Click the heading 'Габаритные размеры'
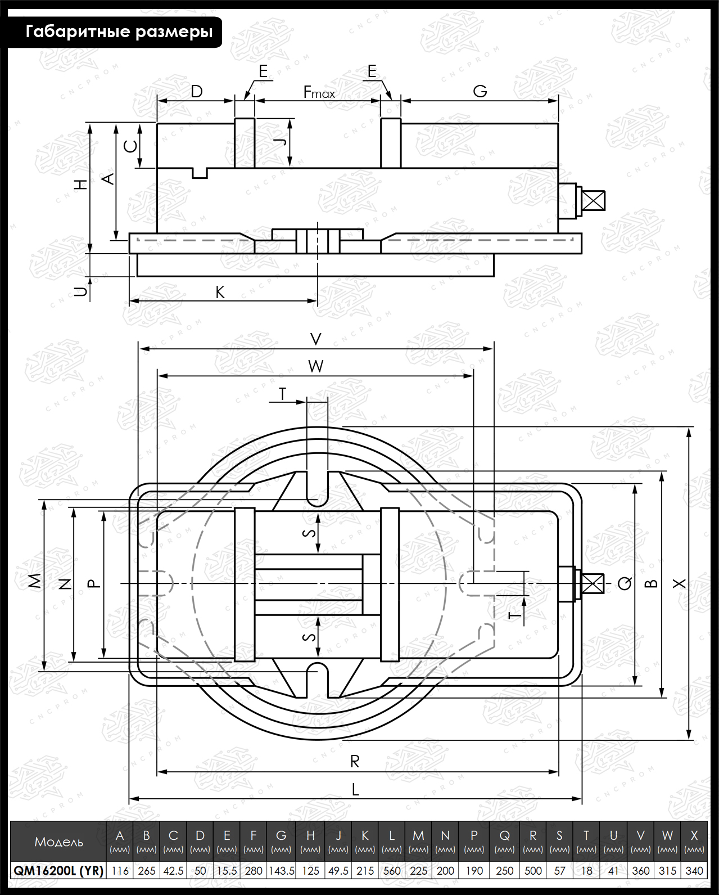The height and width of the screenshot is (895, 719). pyautogui.click(x=119, y=32)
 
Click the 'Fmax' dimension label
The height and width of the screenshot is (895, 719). pyautogui.click(x=319, y=92)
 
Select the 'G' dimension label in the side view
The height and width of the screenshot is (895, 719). pyautogui.click(x=480, y=91)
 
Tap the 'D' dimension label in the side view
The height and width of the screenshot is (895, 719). pyautogui.click(x=197, y=91)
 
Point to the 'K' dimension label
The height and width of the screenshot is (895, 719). pyautogui.click(x=220, y=293)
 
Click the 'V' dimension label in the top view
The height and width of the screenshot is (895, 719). pyautogui.click(x=316, y=339)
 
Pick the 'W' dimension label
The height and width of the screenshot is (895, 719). pyautogui.click(x=316, y=366)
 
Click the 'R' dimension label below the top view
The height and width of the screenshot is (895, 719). pyautogui.click(x=355, y=762)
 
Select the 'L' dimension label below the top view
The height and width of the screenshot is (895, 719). pyautogui.click(x=355, y=789)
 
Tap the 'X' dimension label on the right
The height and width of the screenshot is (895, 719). pyautogui.click(x=680, y=584)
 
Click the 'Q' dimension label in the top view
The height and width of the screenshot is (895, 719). pyautogui.click(x=625, y=583)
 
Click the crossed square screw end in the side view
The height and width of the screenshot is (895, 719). pyautogui.click(x=594, y=200)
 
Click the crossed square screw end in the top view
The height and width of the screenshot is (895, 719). pyautogui.click(x=593, y=584)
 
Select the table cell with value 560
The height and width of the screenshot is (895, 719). pyautogui.click(x=391, y=870)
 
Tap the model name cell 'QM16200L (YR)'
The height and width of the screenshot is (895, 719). pyautogui.click(x=58, y=870)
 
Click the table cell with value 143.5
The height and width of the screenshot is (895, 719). pyautogui.click(x=282, y=870)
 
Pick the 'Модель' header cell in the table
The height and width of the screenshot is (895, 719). pyautogui.click(x=58, y=842)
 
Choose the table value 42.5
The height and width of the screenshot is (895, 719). pyautogui.click(x=173, y=870)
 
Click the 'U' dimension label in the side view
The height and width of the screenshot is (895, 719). pyautogui.click(x=82, y=291)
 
